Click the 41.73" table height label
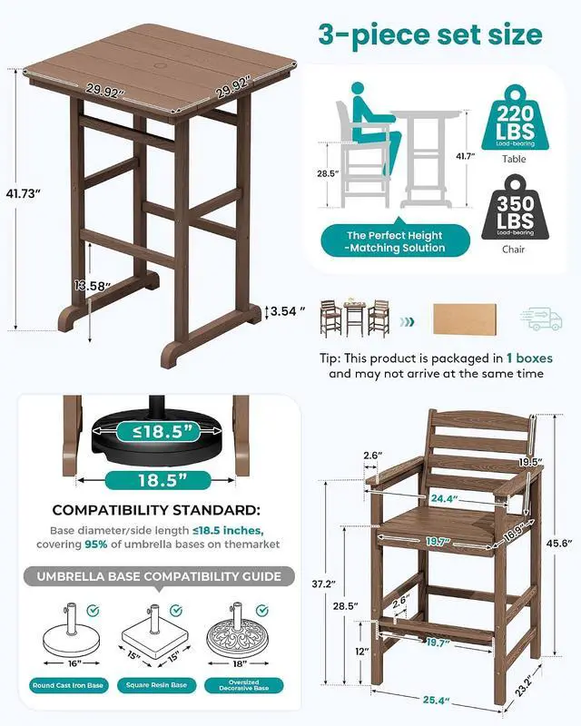point(21,193)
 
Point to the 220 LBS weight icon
point(515,118)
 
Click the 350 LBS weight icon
point(515,208)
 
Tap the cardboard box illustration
point(465,319)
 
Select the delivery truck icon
point(542,319)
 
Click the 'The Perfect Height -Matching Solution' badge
point(395,241)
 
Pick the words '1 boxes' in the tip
point(529,358)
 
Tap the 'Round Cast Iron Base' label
point(68,685)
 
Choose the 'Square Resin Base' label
point(157,685)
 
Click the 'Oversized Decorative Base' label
point(243,685)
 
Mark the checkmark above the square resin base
point(175,611)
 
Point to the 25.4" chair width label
point(436,700)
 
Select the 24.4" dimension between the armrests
point(444,498)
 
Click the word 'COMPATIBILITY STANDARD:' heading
point(156,510)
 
